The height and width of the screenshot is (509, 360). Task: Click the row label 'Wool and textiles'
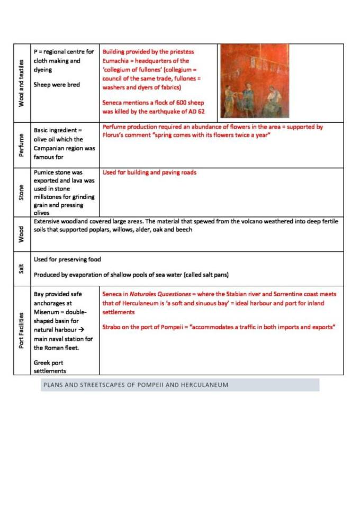pos(22,83)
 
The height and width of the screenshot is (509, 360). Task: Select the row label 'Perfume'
pos(22,145)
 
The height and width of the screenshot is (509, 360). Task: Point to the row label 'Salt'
pos(22,268)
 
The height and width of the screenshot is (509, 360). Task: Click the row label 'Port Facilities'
pos(22,330)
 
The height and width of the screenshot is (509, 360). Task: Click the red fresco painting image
pos(254,81)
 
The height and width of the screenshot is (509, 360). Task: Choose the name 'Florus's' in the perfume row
pos(114,136)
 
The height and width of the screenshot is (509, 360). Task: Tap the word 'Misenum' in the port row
pos(47,312)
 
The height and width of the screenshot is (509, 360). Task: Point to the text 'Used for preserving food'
pos(67,260)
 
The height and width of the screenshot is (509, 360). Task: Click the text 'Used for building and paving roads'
pos(149,172)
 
